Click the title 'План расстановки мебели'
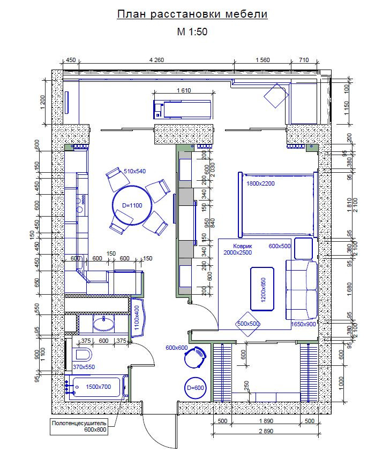(192, 14)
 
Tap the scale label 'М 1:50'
(192, 32)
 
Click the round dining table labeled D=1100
(132, 205)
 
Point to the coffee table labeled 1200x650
(262, 289)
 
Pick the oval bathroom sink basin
(103, 323)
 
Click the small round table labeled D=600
(196, 388)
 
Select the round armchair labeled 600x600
(196, 357)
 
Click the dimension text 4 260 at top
(156, 60)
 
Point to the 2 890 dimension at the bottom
(266, 431)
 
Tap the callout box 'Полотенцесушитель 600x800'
(79, 426)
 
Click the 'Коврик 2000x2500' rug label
(237, 249)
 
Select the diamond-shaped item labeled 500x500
(248, 324)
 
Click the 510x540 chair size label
(134, 171)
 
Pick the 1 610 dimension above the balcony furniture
(184, 90)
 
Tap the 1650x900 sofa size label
(303, 324)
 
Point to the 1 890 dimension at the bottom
(266, 421)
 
